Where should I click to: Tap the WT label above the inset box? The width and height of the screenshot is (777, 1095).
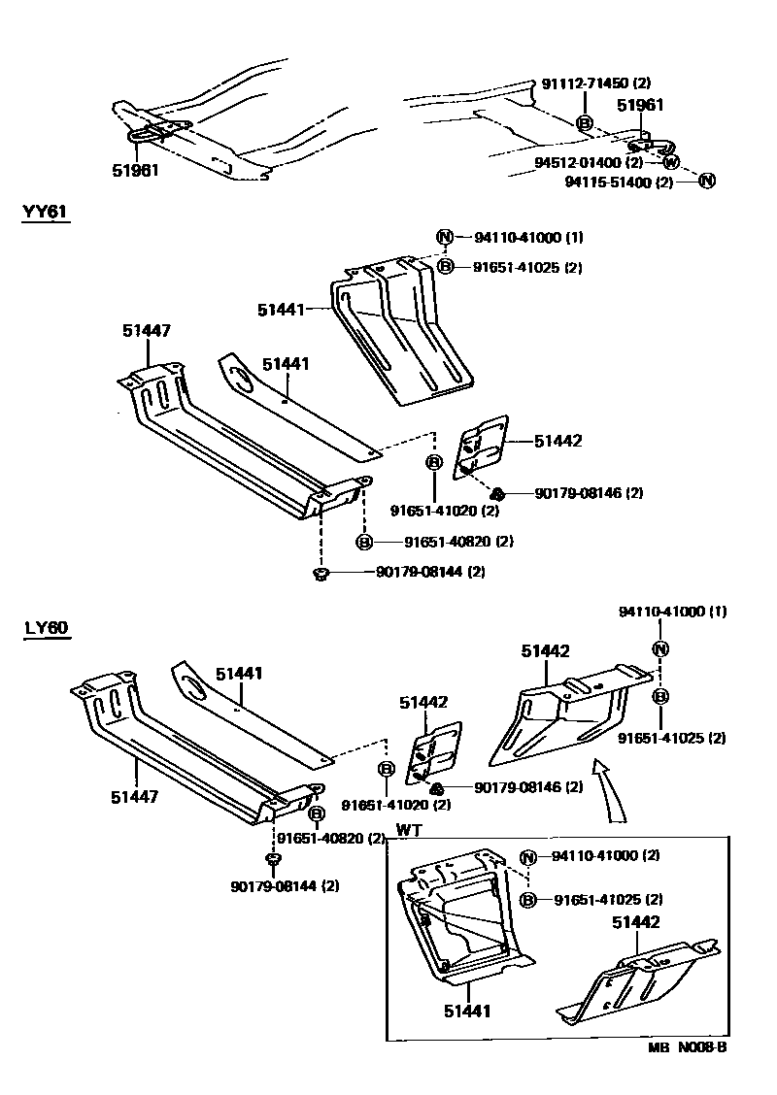tap(408, 831)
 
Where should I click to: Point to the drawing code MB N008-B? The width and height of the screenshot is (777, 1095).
tap(688, 1048)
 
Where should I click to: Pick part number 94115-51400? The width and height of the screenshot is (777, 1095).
tap(619, 182)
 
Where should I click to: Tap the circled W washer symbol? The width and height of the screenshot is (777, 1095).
tap(671, 162)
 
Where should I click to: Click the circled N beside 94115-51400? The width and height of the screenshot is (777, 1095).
tap(707, 181)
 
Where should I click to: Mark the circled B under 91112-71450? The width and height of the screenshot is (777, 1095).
tap(585, 122)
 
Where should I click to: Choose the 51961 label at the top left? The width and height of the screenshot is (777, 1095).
tap(134, 170)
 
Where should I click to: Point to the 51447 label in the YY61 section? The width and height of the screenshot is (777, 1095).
tap(147, 331)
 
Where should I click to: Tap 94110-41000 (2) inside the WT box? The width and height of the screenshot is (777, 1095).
tap(606, 856)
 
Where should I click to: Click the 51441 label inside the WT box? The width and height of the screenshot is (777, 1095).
tap(466, 1012)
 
